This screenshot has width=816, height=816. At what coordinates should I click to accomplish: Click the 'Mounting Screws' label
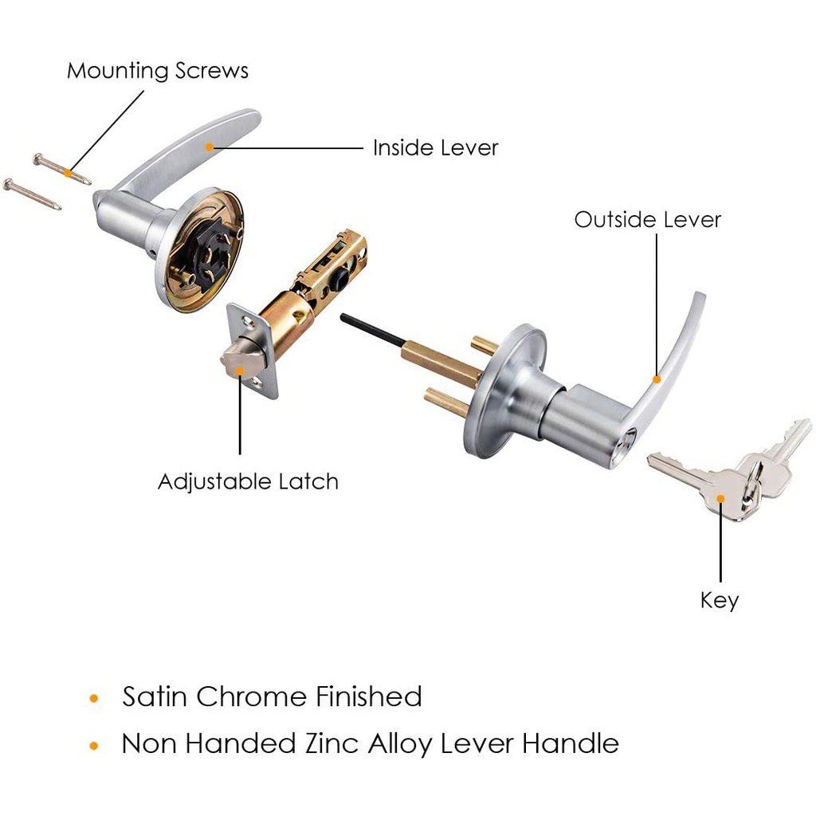tap(157, 70)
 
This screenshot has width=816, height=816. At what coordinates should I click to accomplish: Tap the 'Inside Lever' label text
tap(435, 147)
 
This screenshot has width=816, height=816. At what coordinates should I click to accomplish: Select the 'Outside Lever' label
tap(647, 219)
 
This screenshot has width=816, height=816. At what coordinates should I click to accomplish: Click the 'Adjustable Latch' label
tap(248, 481)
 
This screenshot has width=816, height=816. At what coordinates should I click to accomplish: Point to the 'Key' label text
tap(720, 599)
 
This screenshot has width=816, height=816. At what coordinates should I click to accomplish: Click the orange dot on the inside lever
tap(210, 146)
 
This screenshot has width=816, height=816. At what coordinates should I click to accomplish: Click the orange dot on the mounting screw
tap(69, 171)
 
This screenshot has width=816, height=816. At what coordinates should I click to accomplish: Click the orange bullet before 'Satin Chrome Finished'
tap(95, 699)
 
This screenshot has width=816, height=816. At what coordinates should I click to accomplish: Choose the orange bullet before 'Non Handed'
tap(95, 746)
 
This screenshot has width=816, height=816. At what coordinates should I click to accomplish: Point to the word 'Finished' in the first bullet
tap(367, 696)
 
